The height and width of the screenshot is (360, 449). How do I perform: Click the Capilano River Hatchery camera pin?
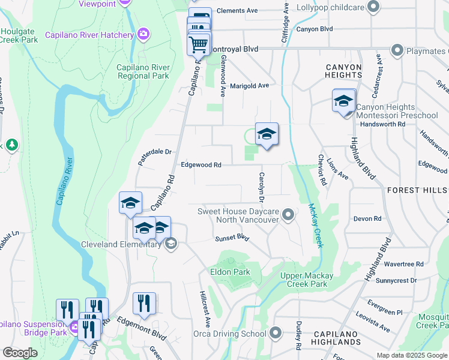[x=143, y=34]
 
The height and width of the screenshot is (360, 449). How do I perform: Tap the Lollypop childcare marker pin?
[x=373, y=7]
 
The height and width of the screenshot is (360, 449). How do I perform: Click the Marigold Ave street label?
[x=249, y=86]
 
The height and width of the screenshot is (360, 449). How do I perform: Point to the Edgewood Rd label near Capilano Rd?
[x=201, y=164]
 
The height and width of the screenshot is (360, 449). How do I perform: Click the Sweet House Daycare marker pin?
[x=289, y=214]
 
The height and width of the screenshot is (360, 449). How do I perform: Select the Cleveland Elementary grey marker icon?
[x=170, y=244]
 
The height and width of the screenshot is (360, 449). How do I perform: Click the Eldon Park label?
[x=229, y=272]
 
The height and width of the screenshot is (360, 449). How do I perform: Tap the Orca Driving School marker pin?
[x=276, y=332]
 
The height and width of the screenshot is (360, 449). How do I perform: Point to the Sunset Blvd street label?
[x=232, y=238]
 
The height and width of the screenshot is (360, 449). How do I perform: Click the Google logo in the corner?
[x=20, y=353]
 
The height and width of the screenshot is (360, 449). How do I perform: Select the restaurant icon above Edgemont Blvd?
[x=144, y=303]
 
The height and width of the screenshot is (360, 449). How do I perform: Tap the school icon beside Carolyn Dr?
[x=267, y=134]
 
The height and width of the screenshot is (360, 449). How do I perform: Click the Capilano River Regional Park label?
[x=143, y=71]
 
